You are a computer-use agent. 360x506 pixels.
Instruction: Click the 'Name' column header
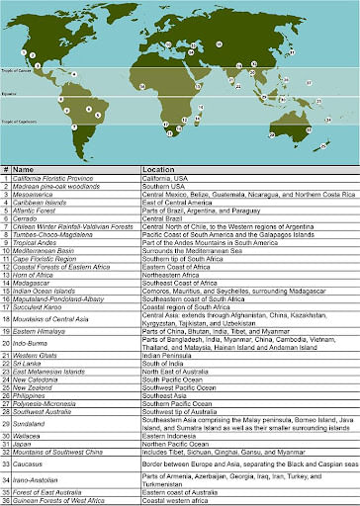[x=26, y=169]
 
